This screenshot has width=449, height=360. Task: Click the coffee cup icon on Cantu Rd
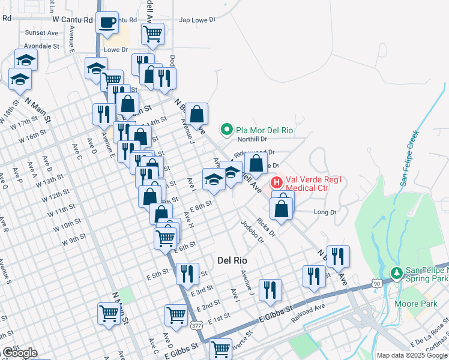point(107,23)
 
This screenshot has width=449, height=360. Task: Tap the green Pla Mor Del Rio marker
point(226,128)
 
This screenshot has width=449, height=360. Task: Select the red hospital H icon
point(277,182)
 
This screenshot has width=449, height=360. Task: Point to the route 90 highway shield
point(376,282)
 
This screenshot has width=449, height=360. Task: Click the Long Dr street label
point(325,212)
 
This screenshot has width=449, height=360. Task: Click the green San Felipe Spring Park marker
point(396,273)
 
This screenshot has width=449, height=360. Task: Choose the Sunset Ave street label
point(41,34)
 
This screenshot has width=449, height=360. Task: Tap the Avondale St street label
point(41,46)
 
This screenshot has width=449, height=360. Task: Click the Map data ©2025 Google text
point(412,355)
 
